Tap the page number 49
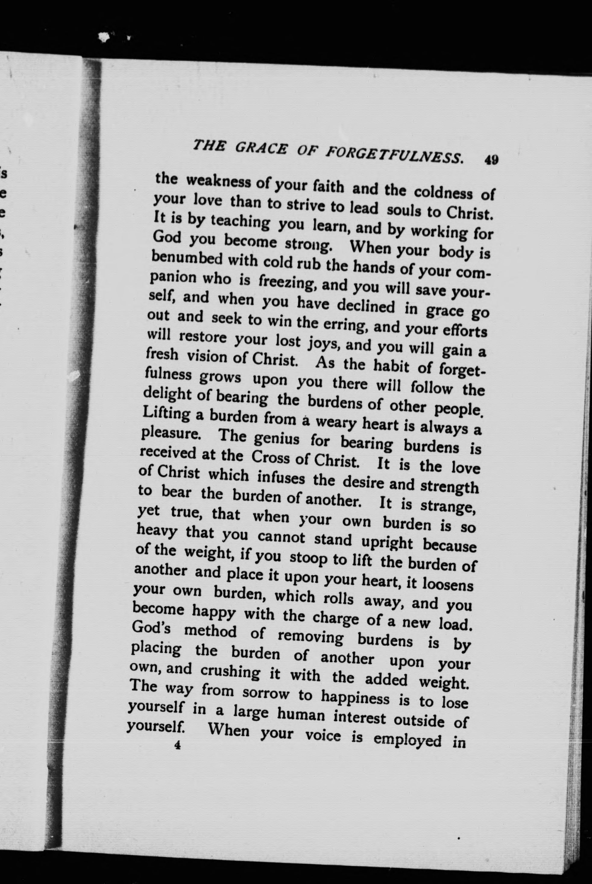click(492, 160)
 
